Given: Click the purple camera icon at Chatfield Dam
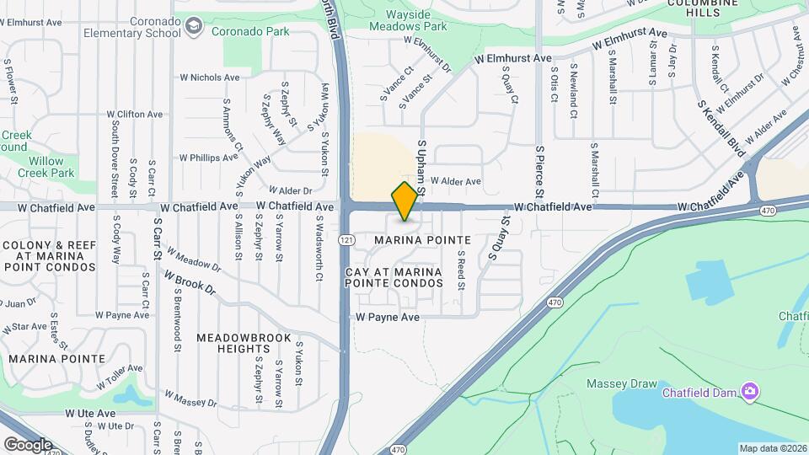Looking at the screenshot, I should [749, 391].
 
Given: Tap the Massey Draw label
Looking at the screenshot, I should [621, 384].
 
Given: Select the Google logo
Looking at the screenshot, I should [28, 444].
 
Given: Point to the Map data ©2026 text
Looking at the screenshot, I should [772, 448].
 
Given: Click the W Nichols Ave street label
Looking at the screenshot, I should [209, 77].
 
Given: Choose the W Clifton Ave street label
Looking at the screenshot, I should [135, 114].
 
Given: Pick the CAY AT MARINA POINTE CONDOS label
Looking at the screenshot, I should [394, 277].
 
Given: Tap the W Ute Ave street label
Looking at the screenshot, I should [90, 414].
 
